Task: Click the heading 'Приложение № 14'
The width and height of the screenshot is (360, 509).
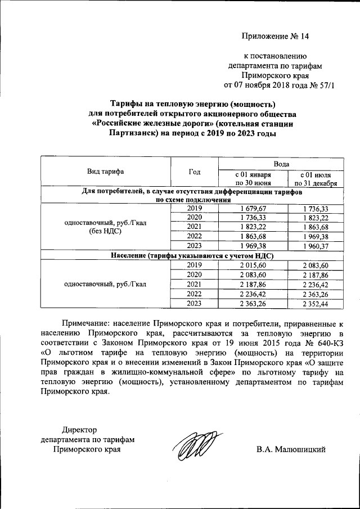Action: pos(275,37)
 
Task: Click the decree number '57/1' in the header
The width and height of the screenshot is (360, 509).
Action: pos(325,85)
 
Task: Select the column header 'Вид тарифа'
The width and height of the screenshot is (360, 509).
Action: pos(105,172)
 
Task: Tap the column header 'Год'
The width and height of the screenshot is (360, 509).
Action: pos(194,172)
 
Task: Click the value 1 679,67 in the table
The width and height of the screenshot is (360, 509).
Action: pos(253,208)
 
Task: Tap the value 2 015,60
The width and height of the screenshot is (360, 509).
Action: pos(253,265)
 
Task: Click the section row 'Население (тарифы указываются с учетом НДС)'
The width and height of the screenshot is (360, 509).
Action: pos(192,255)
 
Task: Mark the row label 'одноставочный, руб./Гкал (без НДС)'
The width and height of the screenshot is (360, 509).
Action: pos(105,227)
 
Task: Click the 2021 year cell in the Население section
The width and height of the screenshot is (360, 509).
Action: pos(194,284)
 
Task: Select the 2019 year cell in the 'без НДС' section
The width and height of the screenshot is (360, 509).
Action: pos(194,208)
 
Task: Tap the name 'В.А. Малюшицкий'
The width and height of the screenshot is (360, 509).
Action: pos(290,449)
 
